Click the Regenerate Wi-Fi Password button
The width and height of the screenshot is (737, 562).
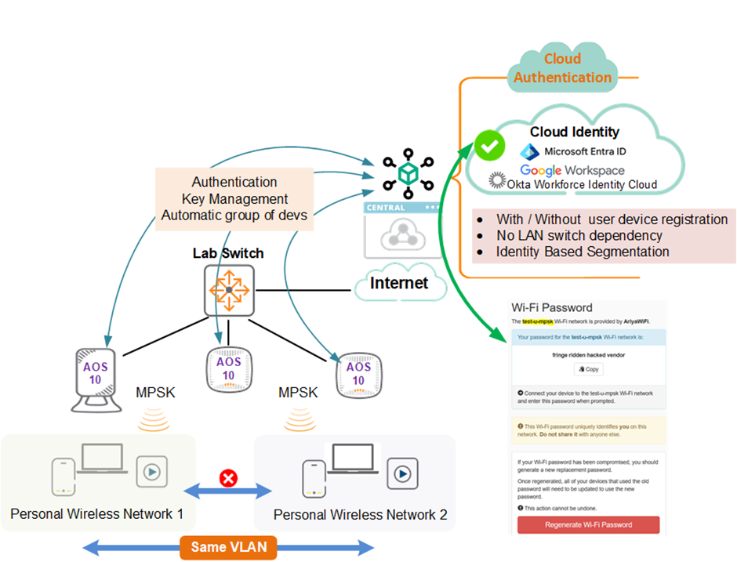click(x=588, y=524)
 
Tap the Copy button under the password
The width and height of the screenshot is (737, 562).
click(x=588, y=368)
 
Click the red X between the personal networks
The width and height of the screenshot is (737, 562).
click(x=228, y=477)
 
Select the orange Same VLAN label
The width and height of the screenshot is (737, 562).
click(x=228, y=546)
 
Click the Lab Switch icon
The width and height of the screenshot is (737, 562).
click(x=228, y=290)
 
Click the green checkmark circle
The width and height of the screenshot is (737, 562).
click(x=490, y=147)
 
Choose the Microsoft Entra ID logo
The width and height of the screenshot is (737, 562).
click(x=531, y=150)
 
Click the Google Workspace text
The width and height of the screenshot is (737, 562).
click(x=572, y=170)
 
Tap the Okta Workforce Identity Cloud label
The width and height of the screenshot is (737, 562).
click(x=572, y=185)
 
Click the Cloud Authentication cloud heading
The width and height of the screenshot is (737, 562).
click(x=562, y=68)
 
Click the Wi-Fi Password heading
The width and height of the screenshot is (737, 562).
click(x=552, y=308)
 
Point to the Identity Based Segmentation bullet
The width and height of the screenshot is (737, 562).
click(x=583, y=252)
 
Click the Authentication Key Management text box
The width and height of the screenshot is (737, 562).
click(x=234, y=199)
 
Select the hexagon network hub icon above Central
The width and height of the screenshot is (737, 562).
click(x=407, y=174)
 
